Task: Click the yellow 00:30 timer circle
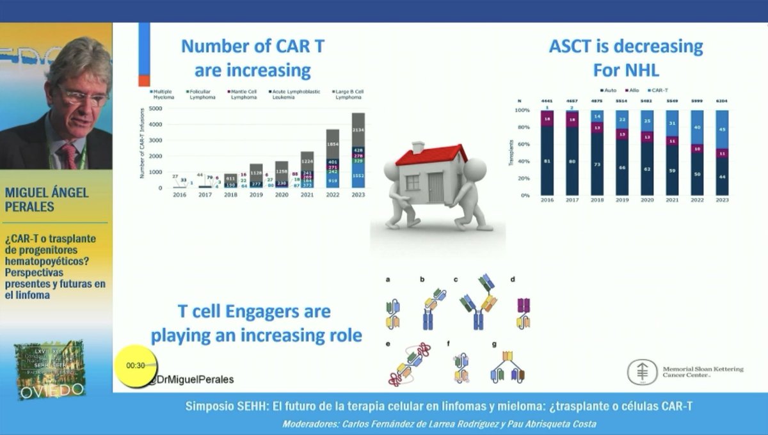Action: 135,366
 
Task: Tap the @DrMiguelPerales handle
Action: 190,379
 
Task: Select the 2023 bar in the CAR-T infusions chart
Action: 359,150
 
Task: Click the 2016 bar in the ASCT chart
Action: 547,152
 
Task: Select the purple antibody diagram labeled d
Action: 524,307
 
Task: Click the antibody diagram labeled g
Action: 508,367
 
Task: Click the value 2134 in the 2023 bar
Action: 359,130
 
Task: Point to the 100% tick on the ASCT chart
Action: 523,110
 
